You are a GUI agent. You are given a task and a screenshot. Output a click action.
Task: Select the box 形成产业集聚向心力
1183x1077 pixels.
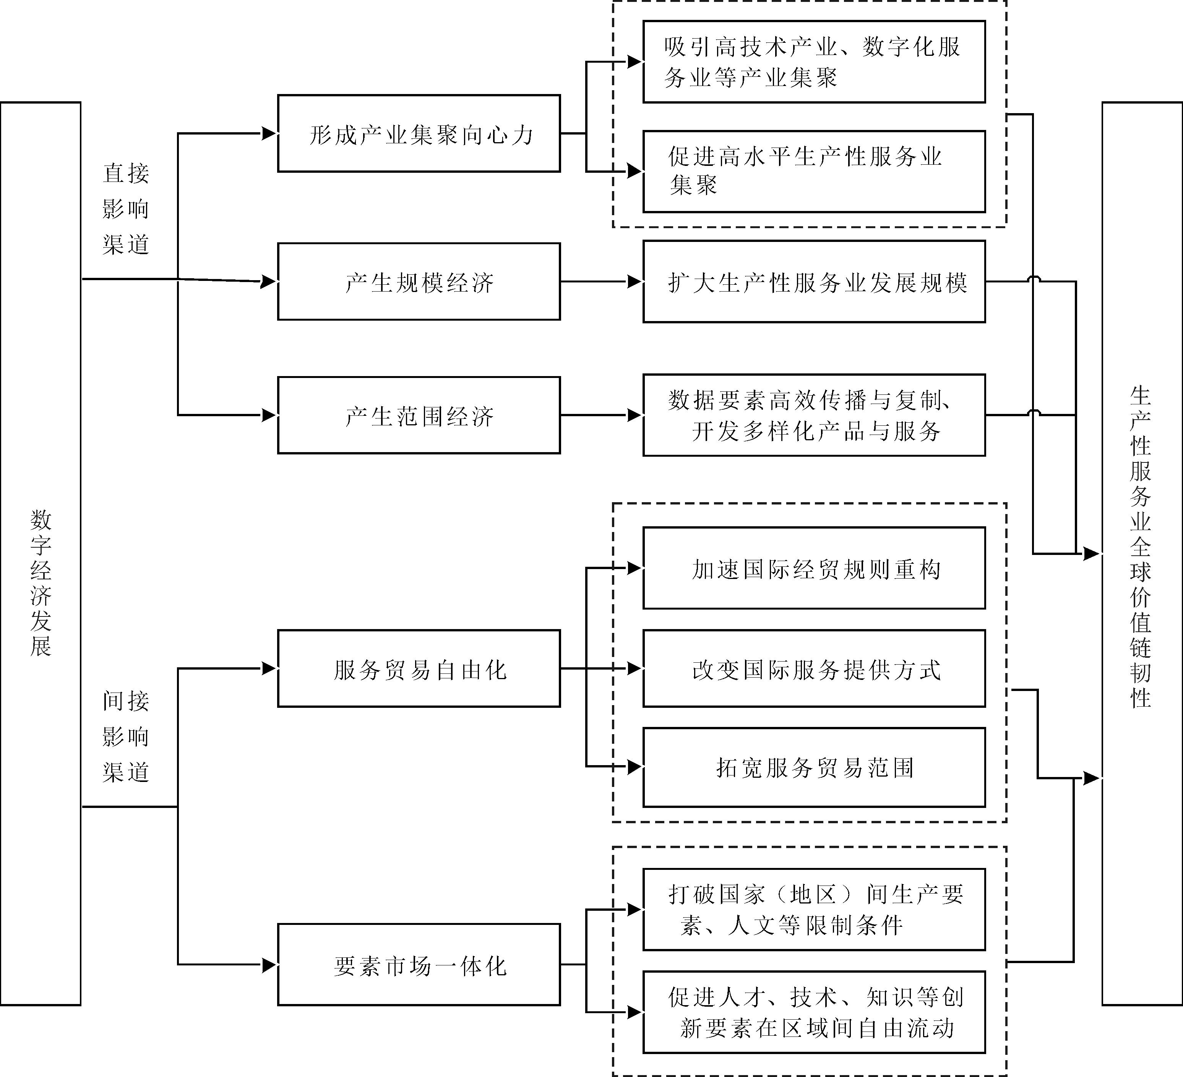(419, 134)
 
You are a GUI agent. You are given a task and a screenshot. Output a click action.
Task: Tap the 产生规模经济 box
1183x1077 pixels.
(419, 282)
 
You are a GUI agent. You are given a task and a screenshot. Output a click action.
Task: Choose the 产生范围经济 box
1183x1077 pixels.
(419, 415)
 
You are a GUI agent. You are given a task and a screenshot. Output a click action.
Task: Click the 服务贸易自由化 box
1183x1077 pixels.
(419, 669)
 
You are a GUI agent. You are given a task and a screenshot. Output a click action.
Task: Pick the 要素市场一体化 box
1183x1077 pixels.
(419, 964)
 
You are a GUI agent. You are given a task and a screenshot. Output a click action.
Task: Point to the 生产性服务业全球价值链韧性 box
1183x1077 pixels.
(1141, 554)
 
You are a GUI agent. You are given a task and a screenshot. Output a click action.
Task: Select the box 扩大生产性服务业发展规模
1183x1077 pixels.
(814, 282)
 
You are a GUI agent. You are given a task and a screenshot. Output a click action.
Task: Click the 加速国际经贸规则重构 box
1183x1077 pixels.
(814, 568)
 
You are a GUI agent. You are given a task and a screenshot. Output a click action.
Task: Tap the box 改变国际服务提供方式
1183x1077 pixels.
(814, 669)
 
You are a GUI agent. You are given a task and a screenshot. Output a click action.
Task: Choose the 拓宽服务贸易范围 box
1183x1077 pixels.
(814, 767)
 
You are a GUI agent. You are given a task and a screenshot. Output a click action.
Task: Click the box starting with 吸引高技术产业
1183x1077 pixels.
(814, 62)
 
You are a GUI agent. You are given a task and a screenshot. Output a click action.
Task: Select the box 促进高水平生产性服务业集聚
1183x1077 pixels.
(814, 171)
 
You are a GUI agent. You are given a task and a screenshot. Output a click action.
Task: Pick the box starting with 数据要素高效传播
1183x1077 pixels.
(814, 415)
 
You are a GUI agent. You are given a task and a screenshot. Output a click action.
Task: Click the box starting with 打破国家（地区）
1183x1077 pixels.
(814, 909)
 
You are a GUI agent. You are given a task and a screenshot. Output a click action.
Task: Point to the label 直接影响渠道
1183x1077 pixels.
(126, 209)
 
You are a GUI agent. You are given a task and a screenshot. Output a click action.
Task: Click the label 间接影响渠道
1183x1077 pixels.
(126, 737)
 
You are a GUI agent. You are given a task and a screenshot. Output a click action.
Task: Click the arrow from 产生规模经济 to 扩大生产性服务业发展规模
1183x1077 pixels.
(602, 282)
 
